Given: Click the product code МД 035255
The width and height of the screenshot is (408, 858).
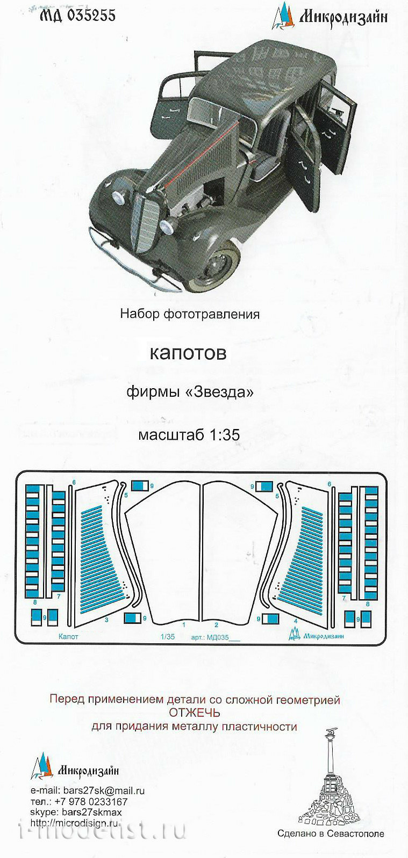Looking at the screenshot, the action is tap(77, 16).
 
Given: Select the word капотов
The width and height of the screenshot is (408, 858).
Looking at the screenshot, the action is tap(188, 353).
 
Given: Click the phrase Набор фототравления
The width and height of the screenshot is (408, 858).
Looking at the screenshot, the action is tap(190, 314).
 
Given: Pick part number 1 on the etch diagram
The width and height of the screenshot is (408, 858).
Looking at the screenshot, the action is tap(184, 625).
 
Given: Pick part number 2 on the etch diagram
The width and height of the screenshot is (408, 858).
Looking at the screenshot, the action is tap(216, 625).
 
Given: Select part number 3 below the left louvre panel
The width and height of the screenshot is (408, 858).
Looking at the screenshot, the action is tap(106, 620).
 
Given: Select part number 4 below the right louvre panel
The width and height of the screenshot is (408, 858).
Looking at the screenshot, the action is tap(296, 621).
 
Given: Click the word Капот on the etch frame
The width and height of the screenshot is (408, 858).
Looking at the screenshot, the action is tap(68, 637).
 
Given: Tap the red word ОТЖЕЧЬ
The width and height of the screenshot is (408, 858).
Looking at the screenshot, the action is tap(195, 713).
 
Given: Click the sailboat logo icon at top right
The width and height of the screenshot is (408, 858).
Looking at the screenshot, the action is tap(283, 16).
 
